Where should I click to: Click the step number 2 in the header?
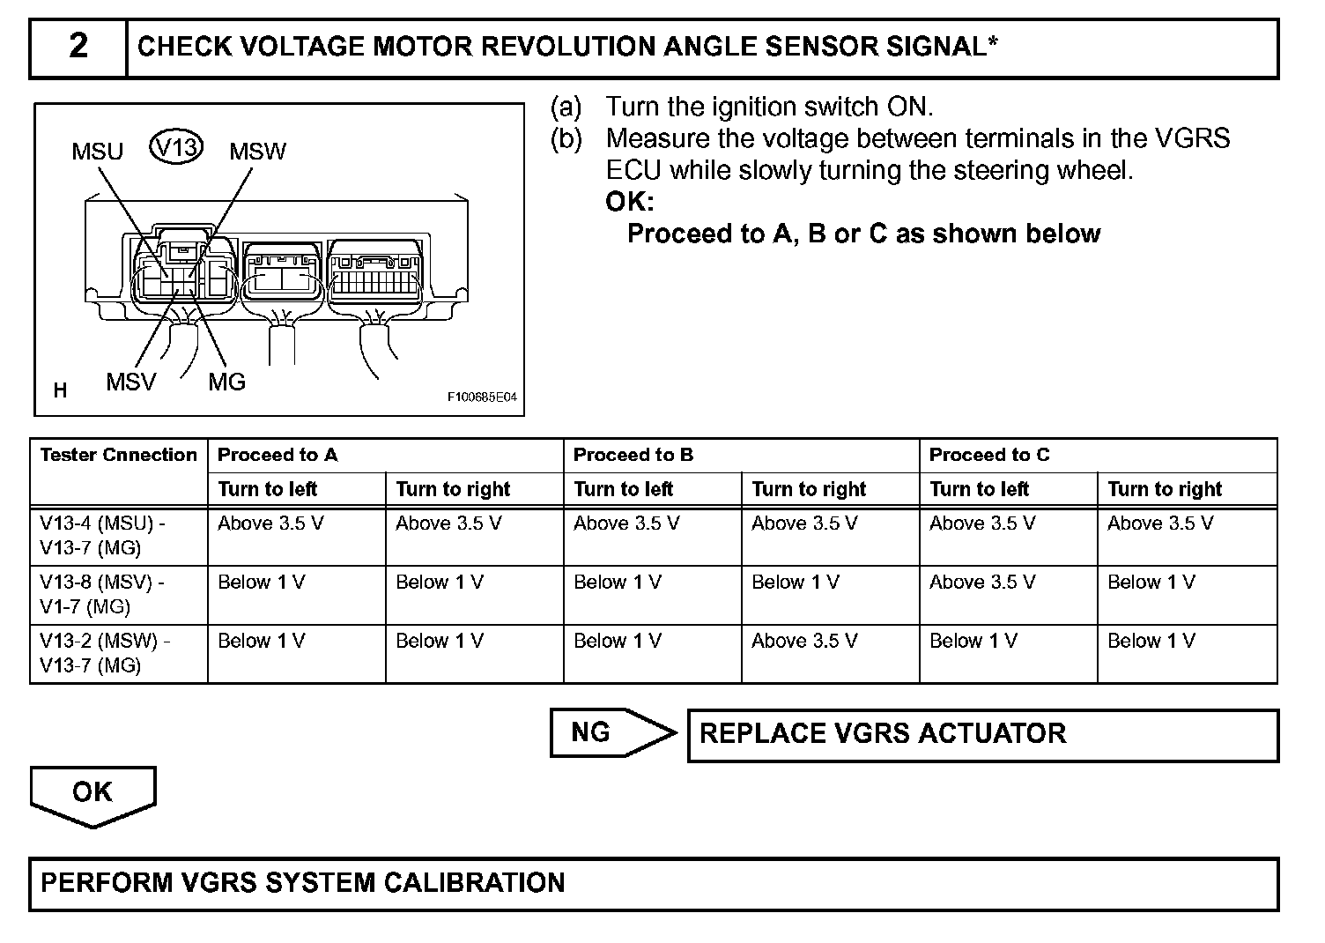tap(78, 46)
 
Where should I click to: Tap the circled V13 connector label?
tap(176, 146)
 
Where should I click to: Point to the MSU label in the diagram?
tap(97, 152)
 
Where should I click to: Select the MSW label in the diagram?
tap(257, 152)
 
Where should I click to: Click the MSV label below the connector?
tap(130, 382)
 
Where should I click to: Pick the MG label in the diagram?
tap(226, 382)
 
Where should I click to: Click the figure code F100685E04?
tap(481, 397)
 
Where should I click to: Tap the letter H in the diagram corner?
tap(60, 390)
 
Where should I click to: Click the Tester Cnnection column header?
tap(118, 455)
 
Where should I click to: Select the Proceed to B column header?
tap(633, 455)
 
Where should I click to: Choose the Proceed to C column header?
tap(988, 455)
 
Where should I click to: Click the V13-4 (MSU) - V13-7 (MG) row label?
tap(102, 535)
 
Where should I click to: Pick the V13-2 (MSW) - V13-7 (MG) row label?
tap(105, 653)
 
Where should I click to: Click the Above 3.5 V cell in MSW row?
tap(803, 641)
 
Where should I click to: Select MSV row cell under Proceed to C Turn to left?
tap(981, 582)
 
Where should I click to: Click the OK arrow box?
tap(93, 793)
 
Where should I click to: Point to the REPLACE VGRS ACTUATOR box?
tap(981, 734)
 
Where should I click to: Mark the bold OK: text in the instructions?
tap(629, 202)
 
